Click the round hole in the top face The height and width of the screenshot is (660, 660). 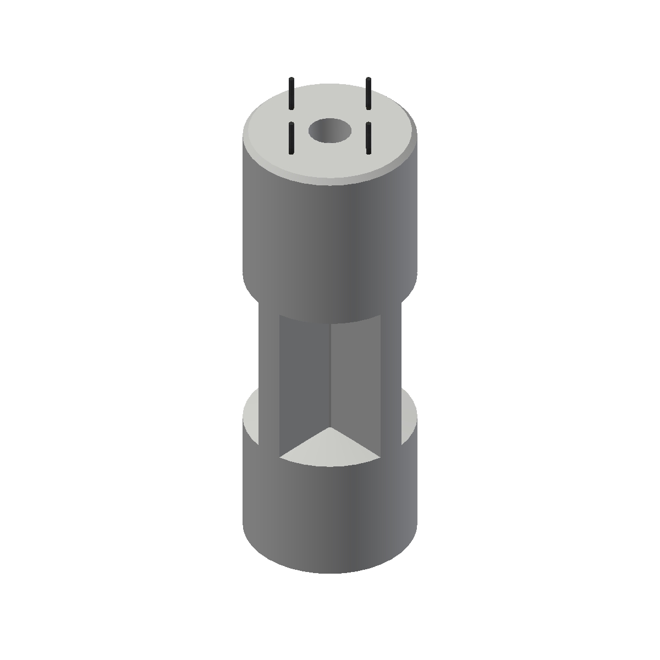(330, 131)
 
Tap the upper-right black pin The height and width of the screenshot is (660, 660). (369, 94)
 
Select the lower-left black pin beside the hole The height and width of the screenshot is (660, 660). (290, 138)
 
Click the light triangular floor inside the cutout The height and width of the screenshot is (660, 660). (330, 448)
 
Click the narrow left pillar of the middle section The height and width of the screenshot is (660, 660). (269, 374)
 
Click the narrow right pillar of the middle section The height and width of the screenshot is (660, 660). (391, 374)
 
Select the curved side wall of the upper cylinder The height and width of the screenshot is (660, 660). (330, 242)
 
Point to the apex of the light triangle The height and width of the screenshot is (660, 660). (330, 429)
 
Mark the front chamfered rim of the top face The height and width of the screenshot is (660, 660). (330, 182)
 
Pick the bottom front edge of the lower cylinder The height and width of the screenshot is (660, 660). (330, 572)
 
